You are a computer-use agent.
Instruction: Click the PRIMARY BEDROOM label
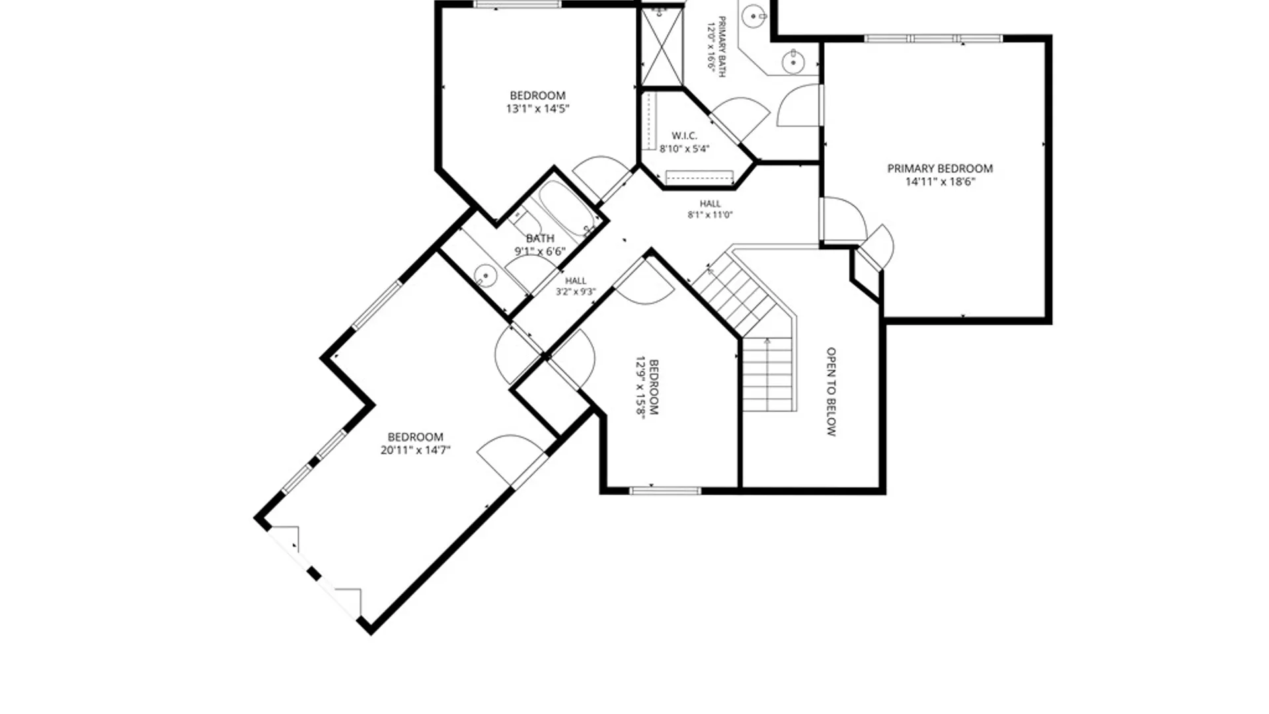point(940,169)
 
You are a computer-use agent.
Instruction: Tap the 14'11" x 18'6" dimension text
point(940,182)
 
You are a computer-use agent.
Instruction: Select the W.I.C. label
point(684,136)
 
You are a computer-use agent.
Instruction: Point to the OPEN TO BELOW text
point(831,391)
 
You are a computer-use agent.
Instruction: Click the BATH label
point(540,238)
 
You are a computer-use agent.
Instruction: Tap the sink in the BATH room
point(486,276)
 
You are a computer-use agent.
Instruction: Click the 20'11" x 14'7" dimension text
point(415,450)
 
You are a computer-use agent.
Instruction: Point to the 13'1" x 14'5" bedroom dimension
point(537,108)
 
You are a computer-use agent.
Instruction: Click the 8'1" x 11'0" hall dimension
point(710,214)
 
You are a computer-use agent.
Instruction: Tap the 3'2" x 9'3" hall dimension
point(575,292)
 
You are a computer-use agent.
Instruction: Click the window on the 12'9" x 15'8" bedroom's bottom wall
point(665,491)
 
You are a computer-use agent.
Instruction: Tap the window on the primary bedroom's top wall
point(933,38)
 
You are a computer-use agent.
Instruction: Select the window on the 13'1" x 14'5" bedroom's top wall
point(518,5)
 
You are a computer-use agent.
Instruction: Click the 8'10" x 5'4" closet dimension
point(684,149)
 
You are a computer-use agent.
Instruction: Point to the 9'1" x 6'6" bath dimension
point(540,251)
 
